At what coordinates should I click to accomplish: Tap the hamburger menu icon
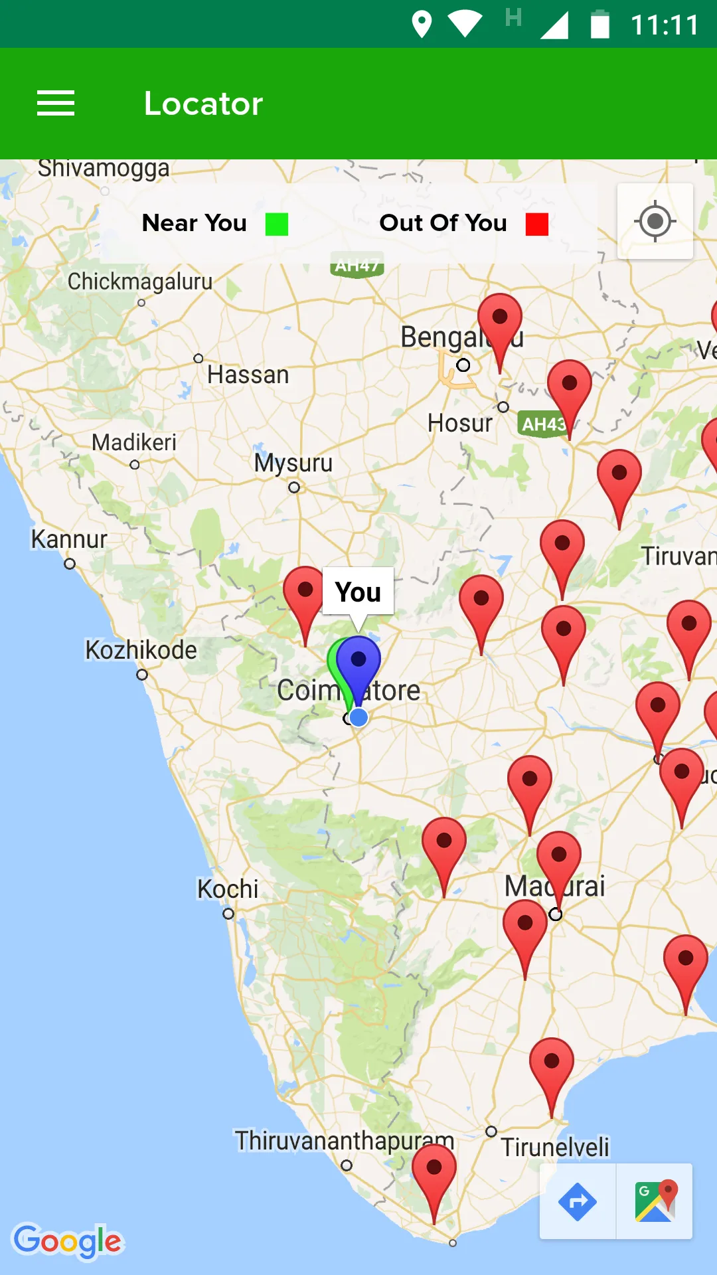pyautogui.click(x=56, y=104)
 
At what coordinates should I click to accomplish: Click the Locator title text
pyautogui.click(x=203, y=104)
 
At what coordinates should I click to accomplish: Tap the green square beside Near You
pyautogui.click(x=277, y=224)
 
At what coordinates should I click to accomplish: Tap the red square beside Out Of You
pyautogui.click(x=536, y=224)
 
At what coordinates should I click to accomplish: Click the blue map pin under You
pyautogui.click(x=359, y=664)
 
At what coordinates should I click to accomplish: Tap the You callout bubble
pyautogui.click(x=358, y=591)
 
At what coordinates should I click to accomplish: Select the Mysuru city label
pyautogui.click(x=293, y=463)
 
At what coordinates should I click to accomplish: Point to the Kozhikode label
pyautogui.click(x=141, y=650)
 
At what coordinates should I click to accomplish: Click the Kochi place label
pyautogui.click(x=228, y=889)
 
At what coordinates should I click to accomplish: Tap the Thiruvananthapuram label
pyautogui.click(x=345, y=1141)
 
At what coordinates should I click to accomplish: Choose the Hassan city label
pyautogui.click(x=248, y=375)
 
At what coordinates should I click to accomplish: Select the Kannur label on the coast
pyautogui.click(x=69, y=539)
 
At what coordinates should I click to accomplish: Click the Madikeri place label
pyautogui.click(x=134, y=442)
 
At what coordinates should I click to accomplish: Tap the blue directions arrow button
pyautogui.click(x=578, y=1201)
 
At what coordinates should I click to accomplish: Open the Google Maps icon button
pyautogui.click(x=655, y=1201)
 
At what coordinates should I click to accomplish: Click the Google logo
pyautogui.click(x=68, y=1240)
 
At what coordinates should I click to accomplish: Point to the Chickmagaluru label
pyautogui.click(x=140, y=282)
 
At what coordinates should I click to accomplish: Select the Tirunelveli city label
pyautogui.click(x=555, y=1147)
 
